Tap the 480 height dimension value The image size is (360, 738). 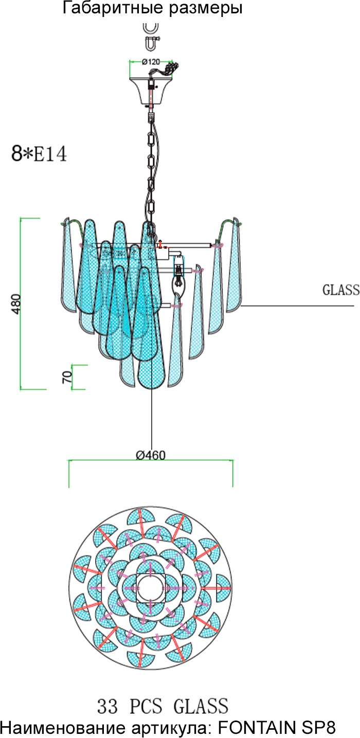pos(16,305)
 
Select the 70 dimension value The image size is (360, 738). pos(66,377)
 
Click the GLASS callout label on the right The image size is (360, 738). pos(340,290)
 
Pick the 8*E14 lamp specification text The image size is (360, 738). pos(39,154)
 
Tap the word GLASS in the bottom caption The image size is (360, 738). pos(202,705)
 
